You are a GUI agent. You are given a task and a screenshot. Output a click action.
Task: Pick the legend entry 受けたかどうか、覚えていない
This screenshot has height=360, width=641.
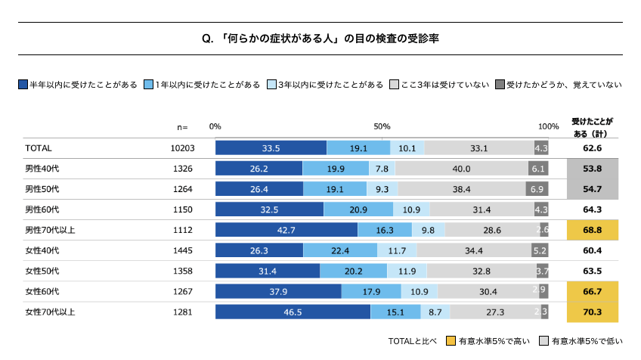coord(563,85)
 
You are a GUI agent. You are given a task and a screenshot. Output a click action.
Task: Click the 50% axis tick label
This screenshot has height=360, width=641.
coord(382,126)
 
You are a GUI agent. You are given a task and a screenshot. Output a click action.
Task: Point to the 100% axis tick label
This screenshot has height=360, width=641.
coord(548,126)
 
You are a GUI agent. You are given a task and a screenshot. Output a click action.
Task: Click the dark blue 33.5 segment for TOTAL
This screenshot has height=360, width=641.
coord(271,148)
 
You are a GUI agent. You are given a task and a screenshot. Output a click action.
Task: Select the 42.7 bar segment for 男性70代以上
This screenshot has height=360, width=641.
coord(286,230)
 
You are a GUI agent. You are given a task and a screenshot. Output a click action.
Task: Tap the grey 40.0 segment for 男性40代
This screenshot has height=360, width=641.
coord(461,169)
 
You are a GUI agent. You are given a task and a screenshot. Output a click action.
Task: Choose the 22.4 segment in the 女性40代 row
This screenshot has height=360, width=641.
coord(340,250)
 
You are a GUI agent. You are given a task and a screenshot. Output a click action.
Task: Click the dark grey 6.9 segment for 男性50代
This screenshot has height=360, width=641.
coord(537,189)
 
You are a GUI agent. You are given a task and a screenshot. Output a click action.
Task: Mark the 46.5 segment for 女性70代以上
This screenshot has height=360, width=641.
coord(293,312)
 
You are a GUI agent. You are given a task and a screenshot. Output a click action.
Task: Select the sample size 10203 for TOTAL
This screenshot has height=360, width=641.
coord(183,148)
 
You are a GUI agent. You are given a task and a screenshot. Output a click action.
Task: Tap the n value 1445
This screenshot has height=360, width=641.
coord(183,250)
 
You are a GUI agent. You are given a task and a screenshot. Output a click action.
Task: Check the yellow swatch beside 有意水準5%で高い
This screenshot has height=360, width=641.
coord(451,341)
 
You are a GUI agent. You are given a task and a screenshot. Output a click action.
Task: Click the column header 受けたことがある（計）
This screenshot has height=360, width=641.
coord(593,126)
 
